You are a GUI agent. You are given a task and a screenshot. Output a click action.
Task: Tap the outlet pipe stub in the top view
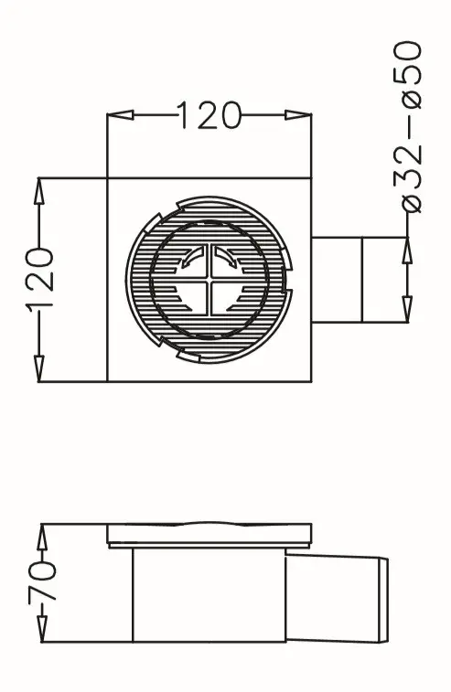tap(338, 279)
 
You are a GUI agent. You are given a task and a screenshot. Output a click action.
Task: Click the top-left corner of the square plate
tap(108, 177)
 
